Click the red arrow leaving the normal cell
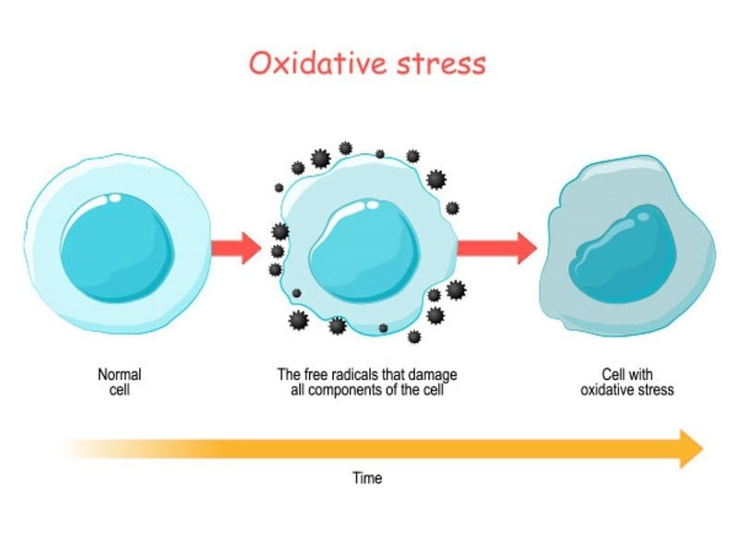click(x=235, y=247)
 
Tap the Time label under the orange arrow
click(x=366, y=478)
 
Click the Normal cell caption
click(x=119, y=382)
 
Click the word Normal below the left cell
click(x=119, y=375)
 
